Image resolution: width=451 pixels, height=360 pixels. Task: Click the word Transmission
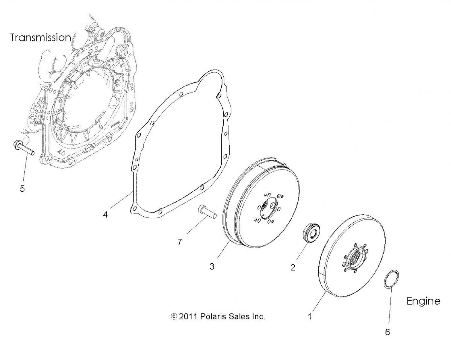tap(41, 38)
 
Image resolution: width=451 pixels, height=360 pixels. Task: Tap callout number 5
tap(23, 188)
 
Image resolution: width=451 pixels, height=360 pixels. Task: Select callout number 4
tap(105, 215)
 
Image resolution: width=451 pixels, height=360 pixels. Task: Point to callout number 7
tap(179, 242)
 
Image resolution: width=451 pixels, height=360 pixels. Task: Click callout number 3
tap(212, 266)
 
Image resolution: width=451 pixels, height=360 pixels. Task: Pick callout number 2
tap(293, 267)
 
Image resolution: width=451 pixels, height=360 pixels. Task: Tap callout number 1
tap(310, 316)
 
